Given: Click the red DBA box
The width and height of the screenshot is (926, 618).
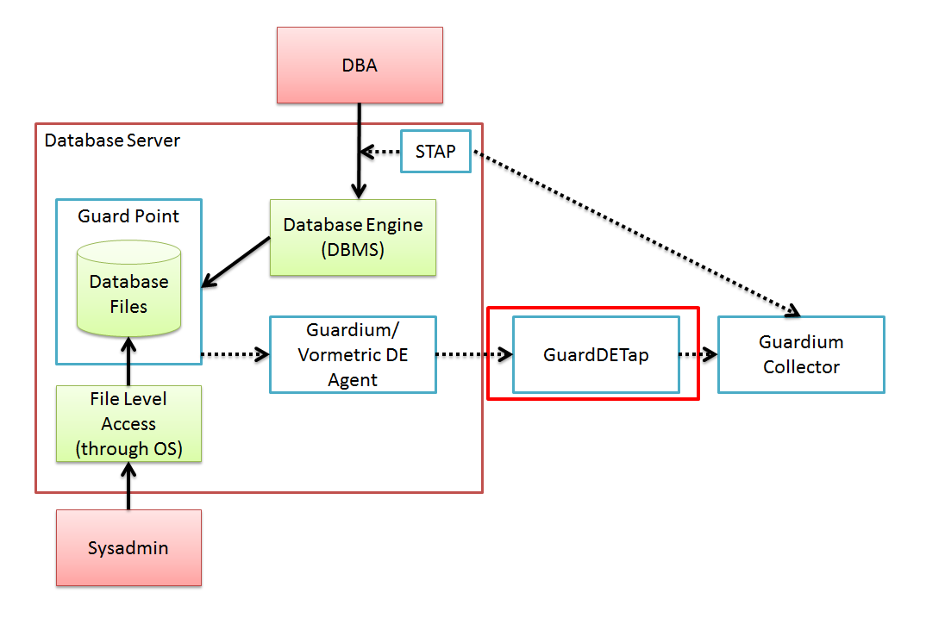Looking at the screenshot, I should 360,66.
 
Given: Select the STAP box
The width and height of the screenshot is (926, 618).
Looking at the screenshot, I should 435,152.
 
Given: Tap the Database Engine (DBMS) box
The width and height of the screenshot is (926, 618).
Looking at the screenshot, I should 353,237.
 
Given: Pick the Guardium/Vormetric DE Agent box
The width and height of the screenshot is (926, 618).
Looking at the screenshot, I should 353,354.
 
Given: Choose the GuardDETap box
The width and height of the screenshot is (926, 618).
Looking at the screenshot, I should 596,354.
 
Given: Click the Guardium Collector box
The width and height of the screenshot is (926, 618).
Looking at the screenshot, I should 801,354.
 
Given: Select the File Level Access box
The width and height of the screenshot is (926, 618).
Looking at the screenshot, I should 128,423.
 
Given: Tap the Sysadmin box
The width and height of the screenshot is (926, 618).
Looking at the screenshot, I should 128,548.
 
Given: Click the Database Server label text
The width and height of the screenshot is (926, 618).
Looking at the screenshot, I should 112,140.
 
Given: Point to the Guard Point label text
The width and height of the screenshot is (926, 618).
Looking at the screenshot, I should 128,216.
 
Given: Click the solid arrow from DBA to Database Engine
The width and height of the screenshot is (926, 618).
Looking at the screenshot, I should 359,147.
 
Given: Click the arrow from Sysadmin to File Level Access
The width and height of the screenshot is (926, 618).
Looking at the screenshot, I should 128,486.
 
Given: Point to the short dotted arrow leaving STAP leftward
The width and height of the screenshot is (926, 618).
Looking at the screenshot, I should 380,153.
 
